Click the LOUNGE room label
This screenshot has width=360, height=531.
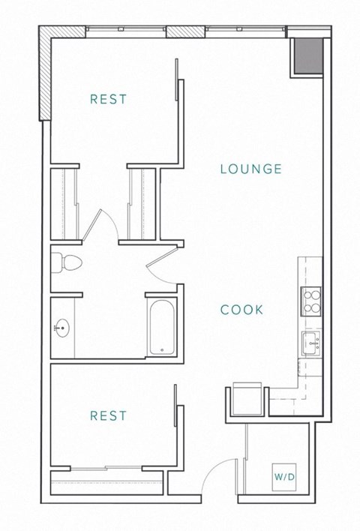(x=250, y=169)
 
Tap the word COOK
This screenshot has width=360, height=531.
(x=241, y=309)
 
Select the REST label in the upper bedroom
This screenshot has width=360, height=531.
(x=108, y=99)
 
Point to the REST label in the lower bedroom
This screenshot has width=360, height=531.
(x=108, y=415)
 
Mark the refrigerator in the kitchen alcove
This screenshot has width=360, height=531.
(x=248, y=399)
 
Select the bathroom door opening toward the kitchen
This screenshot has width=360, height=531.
(x=162, y=266)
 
